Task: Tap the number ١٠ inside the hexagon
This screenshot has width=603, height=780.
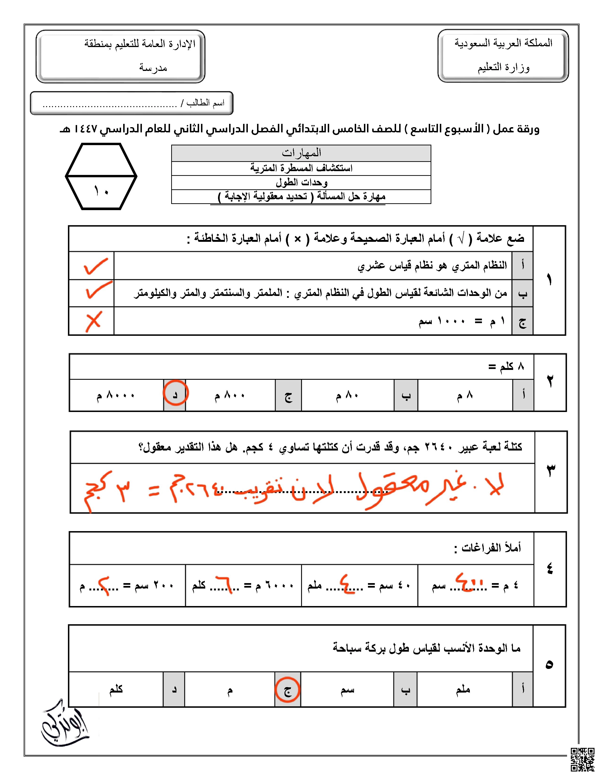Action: [101, 191]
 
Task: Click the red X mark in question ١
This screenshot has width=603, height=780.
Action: [94, 321]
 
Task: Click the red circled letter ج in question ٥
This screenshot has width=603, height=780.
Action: [288, 690]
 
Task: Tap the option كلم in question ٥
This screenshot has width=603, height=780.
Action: [116, 689]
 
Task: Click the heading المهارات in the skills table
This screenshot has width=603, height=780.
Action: [301, 153]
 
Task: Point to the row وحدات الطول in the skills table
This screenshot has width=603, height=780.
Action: [301, 182]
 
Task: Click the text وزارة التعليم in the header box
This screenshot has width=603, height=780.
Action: [503, 67]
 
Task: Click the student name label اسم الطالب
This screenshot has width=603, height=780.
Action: [205, 103]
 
